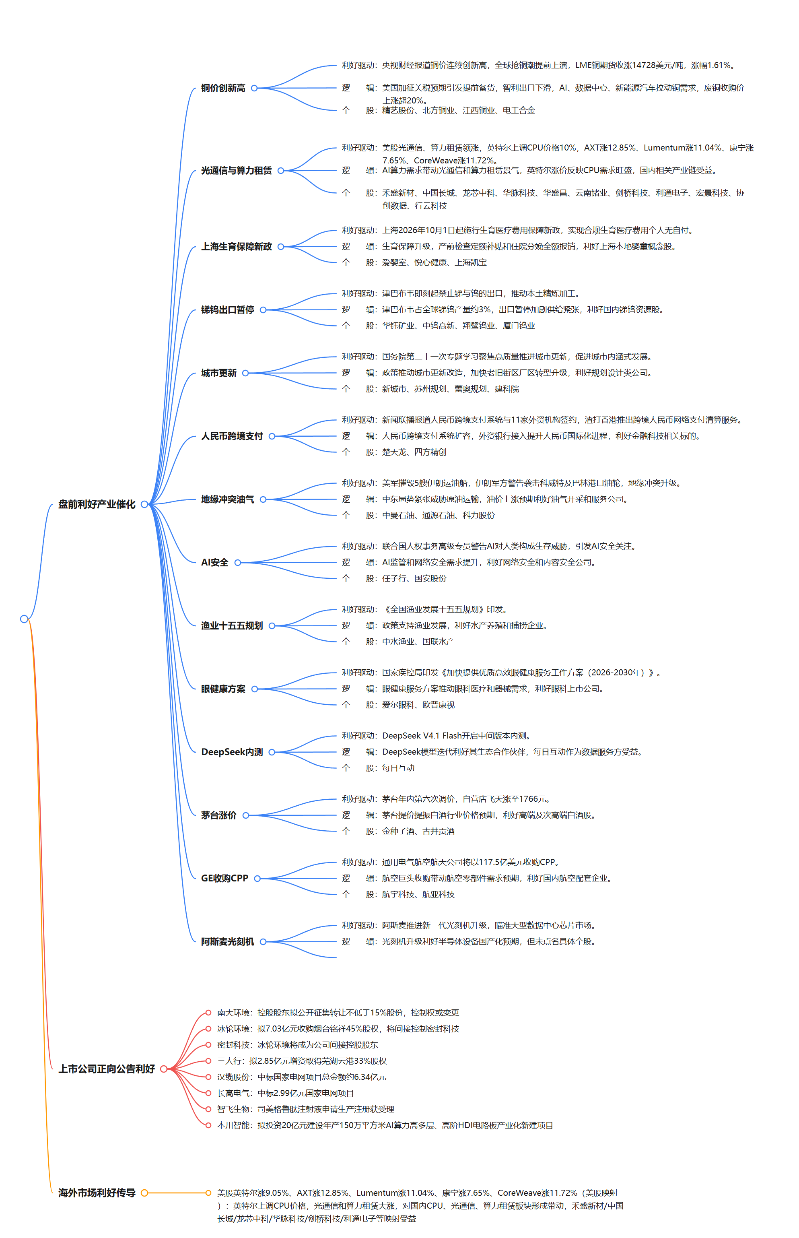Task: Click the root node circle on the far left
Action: point(24,618)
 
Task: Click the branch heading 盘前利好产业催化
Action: point(97,504)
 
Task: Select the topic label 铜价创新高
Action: point(223,88)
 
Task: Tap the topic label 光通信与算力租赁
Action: point(237,170)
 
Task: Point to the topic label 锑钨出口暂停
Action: point(228,310)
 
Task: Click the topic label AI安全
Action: point(215,562)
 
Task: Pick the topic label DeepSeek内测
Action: point(232,752)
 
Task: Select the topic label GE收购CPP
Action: point(224,878)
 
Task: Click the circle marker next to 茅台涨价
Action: point(246,815)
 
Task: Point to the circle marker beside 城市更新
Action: point(246,373)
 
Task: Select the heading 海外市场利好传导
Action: point(97,1193)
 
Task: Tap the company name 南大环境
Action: point(233,1012)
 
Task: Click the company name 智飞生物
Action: point(233,1109)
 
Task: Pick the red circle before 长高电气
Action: point(208,1093)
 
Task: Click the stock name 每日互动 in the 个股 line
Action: point(398,768)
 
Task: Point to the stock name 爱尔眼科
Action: point(398,704)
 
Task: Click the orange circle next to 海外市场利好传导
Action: point(145,1193)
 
